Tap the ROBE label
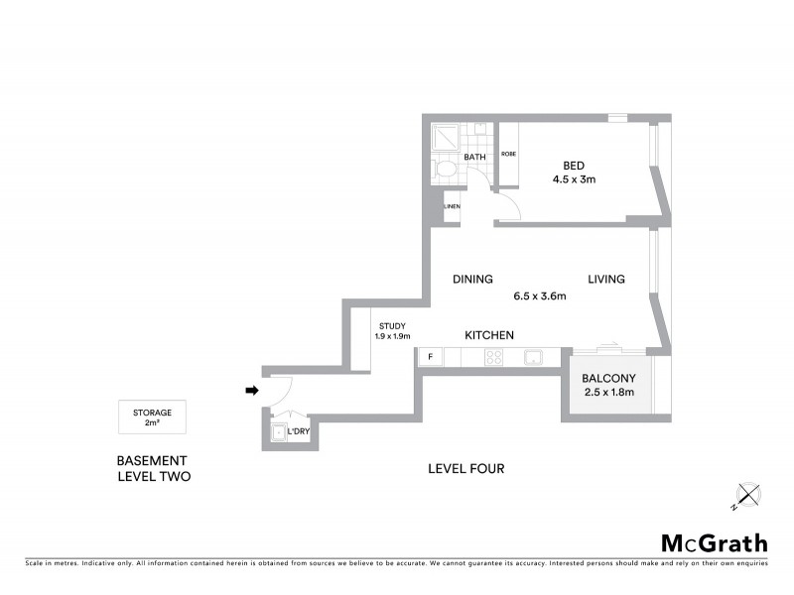[508, 154]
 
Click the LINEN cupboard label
[452, 206]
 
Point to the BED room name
[574, 165]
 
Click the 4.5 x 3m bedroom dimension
[574, 179]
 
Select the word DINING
[473, 280]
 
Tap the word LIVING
[605, 280]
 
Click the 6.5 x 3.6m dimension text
[539, 296]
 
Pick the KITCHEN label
[489, 335]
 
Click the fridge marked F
[431, 356]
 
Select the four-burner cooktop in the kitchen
[494, 357]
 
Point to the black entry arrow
[252, 391]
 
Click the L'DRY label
[298, 432]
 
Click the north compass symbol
[746, 495]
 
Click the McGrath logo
[714, 542]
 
